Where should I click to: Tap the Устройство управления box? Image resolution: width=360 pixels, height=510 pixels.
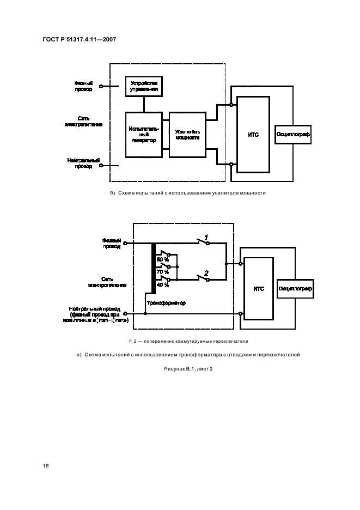[144, 86]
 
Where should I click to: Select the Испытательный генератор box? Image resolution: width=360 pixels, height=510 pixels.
[144, 135]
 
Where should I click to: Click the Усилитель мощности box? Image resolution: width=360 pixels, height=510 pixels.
[187, 135]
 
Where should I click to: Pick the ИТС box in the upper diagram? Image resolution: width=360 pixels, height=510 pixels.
[253, 134]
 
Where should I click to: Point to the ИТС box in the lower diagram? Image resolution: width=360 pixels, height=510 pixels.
[259, 289]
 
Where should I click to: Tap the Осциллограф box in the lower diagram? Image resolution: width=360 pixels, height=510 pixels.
[295, 288]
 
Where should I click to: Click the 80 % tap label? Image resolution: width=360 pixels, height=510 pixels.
[163, 259]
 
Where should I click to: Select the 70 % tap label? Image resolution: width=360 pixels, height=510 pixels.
[163, 271]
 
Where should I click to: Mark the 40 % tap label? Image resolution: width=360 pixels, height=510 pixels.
[163, 284]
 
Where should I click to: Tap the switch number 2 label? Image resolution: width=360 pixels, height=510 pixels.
[206, 272]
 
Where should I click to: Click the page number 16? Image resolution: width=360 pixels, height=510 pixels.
[46, 466]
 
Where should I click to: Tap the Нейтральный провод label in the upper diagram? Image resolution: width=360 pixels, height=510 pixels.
[83, 163]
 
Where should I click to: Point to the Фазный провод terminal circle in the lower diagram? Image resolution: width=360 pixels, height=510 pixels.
[125, 244]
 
